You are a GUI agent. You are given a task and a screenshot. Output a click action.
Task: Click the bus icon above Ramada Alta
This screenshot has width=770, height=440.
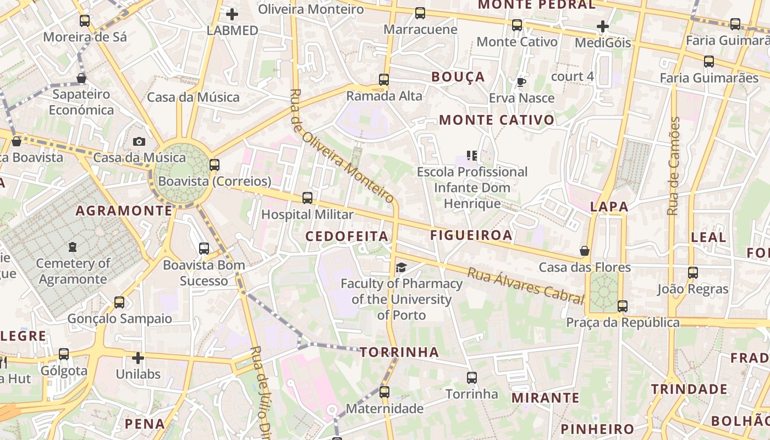[384, 80]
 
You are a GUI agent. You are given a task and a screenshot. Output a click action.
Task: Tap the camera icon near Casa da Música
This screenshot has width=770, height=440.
[139, 141]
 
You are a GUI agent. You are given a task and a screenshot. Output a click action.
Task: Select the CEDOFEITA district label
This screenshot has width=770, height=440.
[347, 237]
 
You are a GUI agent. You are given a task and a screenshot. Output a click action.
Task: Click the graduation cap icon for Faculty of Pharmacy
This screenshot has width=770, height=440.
[402, 267]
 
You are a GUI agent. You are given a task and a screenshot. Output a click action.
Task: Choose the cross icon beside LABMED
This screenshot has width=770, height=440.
[232, 14]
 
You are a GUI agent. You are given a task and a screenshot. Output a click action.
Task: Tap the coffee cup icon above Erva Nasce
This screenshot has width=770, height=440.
[521, 82]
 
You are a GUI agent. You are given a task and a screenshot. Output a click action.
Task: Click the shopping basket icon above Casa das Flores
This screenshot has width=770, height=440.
[585, 251]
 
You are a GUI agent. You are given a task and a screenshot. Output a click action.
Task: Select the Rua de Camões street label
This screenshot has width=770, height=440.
[674, 166]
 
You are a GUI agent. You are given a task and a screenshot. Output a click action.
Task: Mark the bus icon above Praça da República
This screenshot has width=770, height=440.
[622, 306]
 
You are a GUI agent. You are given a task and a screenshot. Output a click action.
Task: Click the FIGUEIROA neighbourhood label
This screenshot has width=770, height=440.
[471, 235]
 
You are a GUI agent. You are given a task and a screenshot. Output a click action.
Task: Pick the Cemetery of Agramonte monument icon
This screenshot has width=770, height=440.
[73, 247]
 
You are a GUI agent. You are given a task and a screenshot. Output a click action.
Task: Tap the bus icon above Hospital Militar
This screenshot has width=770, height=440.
[307, 198]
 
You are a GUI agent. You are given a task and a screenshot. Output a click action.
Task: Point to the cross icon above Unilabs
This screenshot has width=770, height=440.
[138, 358]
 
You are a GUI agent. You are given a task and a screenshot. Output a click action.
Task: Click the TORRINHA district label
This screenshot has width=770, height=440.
[400, 352]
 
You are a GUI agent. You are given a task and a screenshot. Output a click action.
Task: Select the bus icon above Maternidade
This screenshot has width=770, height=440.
[384, 392]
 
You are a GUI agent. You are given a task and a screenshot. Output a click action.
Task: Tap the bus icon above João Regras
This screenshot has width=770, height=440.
[693, 273]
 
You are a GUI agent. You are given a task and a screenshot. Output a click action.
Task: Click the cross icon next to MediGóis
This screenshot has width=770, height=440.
[603, 26]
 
